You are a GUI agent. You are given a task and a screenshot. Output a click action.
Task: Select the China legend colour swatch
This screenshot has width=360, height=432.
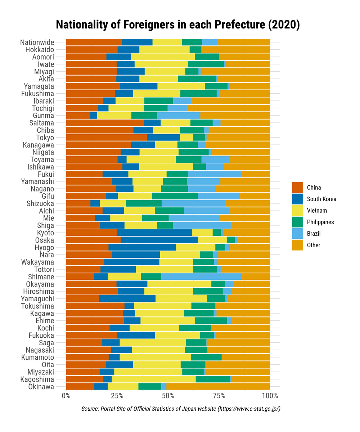click(297, 188)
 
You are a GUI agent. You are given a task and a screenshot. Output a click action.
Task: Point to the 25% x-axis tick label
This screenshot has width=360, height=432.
click(117, 396)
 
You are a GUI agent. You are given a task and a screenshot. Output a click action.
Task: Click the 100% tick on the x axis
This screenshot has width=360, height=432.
click(270, 396)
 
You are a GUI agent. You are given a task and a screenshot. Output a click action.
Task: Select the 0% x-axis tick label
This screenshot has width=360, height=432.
click(66, 396)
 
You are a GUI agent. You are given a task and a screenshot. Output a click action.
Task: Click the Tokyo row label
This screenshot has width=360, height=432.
click(45, 138)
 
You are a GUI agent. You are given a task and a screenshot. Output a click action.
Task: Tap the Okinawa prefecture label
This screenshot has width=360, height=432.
click(41, 387)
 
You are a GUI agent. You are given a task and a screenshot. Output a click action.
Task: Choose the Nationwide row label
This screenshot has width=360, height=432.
click(37, 42)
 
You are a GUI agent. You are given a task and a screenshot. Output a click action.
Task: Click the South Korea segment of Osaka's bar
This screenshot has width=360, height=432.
click(159, 240)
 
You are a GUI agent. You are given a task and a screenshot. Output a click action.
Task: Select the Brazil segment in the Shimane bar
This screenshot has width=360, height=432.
click(202, 277)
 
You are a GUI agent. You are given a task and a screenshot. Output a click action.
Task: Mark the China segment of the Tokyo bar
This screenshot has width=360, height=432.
click(106, 138)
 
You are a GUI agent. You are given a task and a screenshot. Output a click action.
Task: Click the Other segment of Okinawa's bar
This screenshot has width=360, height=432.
click(218, 387)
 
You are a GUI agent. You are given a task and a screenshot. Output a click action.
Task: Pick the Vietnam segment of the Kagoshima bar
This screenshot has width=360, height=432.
click(154, 379)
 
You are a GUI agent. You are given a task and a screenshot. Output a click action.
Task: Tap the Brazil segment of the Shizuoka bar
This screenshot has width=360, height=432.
click(193, 203)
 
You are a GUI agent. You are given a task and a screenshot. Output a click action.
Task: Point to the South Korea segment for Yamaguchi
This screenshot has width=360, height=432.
click(127, 299)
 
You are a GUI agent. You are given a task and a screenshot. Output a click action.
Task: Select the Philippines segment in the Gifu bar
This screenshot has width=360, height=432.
click(175, 196)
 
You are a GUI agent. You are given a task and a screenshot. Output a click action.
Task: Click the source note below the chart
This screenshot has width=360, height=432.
click(181, 409)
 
